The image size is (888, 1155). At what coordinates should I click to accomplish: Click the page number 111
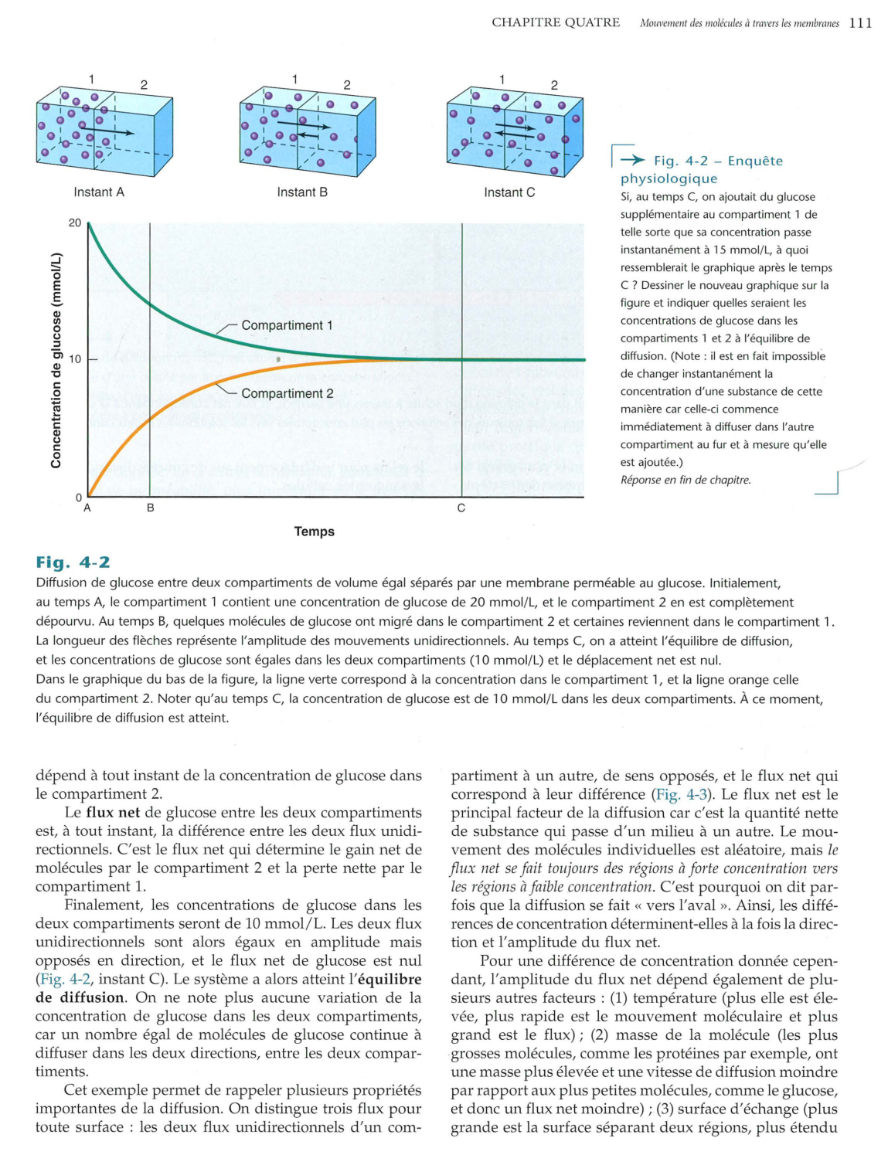860,23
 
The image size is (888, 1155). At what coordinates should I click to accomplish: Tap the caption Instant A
99,192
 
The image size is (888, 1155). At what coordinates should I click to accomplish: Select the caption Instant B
302,192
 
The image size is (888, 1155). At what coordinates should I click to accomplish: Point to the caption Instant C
509,192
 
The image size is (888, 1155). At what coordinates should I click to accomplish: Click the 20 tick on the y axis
75,223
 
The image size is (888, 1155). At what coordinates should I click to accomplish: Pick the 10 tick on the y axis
75,359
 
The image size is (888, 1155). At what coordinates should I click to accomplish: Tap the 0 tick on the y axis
77,497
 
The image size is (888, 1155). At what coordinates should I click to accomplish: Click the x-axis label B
151,508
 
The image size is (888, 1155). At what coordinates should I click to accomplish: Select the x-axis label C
461,508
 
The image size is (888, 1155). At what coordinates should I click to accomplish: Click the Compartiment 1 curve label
287,325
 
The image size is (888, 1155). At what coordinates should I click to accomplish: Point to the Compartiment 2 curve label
287,393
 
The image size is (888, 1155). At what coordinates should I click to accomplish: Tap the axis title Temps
315,532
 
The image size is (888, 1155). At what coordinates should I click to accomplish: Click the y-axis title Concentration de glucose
56,360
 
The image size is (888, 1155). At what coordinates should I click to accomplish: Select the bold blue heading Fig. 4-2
73,562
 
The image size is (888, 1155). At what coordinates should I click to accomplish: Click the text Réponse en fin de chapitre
686,480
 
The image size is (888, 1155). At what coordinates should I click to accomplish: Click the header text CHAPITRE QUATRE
556,23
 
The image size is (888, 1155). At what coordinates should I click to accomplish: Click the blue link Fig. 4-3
684,794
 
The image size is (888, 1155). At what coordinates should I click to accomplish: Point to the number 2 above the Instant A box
144,85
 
